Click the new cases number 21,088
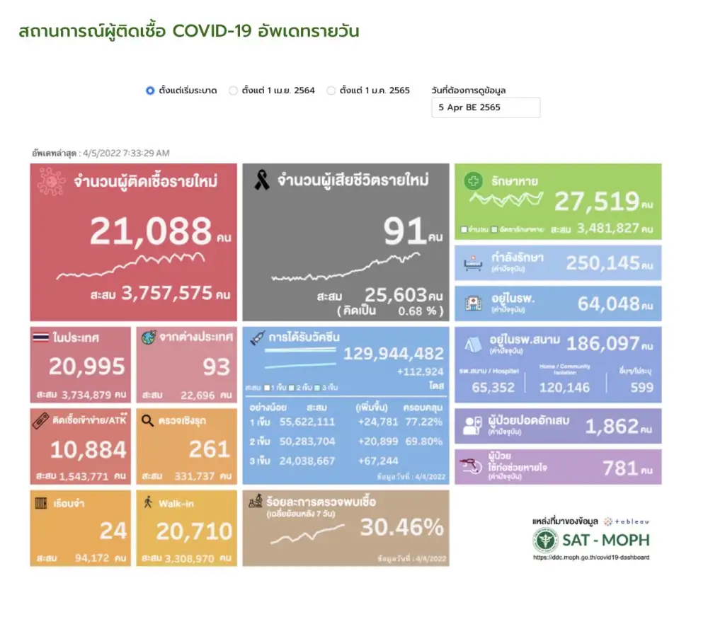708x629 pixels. [151, 231]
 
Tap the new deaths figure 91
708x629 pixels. [404, 231]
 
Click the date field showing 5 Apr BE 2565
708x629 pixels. [486, 108]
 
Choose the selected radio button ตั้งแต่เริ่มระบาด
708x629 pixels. [150, 91]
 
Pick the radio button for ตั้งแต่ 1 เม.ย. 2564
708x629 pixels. [233, 91]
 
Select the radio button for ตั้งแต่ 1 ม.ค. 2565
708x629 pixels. [331, 91]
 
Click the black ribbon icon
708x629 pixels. [261, 182]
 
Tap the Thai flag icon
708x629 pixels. [41, 337]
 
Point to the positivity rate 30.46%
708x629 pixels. [401, 527]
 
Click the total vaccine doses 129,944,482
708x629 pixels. [394, 353]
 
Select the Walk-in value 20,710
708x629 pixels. [194, 531]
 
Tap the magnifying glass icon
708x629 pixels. [147, 420]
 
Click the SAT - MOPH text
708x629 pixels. [605, 541]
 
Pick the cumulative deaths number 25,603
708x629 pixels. [395, 295]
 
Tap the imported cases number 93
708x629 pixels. [216, 367]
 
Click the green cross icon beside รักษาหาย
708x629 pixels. [472, 181]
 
